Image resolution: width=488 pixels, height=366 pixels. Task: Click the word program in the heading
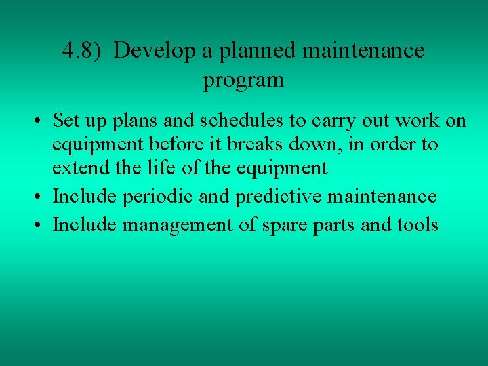pos(243,81)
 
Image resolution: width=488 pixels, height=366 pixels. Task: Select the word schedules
pos(213,121)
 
